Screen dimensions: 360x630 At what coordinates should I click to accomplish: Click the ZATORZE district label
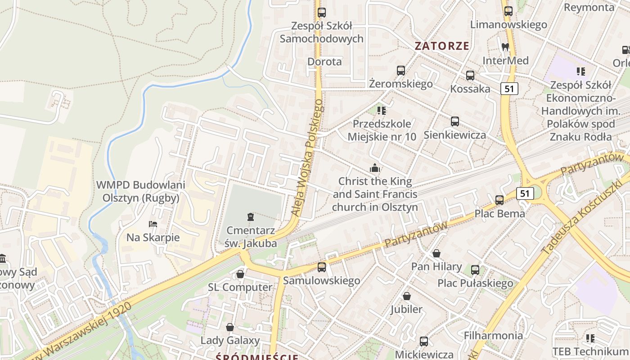[442, 46]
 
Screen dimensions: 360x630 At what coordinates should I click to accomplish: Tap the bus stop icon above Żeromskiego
[400, 71]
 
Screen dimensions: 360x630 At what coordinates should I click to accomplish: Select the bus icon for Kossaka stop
[470, 76]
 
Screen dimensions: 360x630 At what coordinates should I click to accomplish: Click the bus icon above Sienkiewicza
[455, 121]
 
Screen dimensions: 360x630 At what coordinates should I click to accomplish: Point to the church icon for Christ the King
[375, 168]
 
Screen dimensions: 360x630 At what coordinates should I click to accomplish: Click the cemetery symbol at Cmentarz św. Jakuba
[251, 217]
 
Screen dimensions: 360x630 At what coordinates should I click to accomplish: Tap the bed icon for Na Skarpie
[153, 224]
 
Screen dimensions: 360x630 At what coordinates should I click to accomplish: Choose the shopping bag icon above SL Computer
[240, 274]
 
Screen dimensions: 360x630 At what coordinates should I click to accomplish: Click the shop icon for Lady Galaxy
[230, 327]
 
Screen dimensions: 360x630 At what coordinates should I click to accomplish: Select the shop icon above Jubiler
[407, 296]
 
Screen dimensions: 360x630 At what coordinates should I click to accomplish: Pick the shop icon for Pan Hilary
[436, 253]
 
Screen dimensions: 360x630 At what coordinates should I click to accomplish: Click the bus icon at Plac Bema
[499, 200]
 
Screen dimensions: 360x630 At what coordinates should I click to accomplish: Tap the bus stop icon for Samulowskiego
[322, 267]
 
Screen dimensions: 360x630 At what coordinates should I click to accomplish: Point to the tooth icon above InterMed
[505, 47]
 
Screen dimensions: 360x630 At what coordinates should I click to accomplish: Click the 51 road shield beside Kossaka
[509, 89]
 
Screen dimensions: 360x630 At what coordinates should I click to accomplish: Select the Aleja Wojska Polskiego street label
[307, 157]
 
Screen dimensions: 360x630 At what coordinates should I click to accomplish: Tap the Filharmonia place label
[493, 335]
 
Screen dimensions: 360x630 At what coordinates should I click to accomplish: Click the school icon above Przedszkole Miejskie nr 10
[382, 110]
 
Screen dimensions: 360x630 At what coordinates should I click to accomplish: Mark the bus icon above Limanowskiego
[508, 11]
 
